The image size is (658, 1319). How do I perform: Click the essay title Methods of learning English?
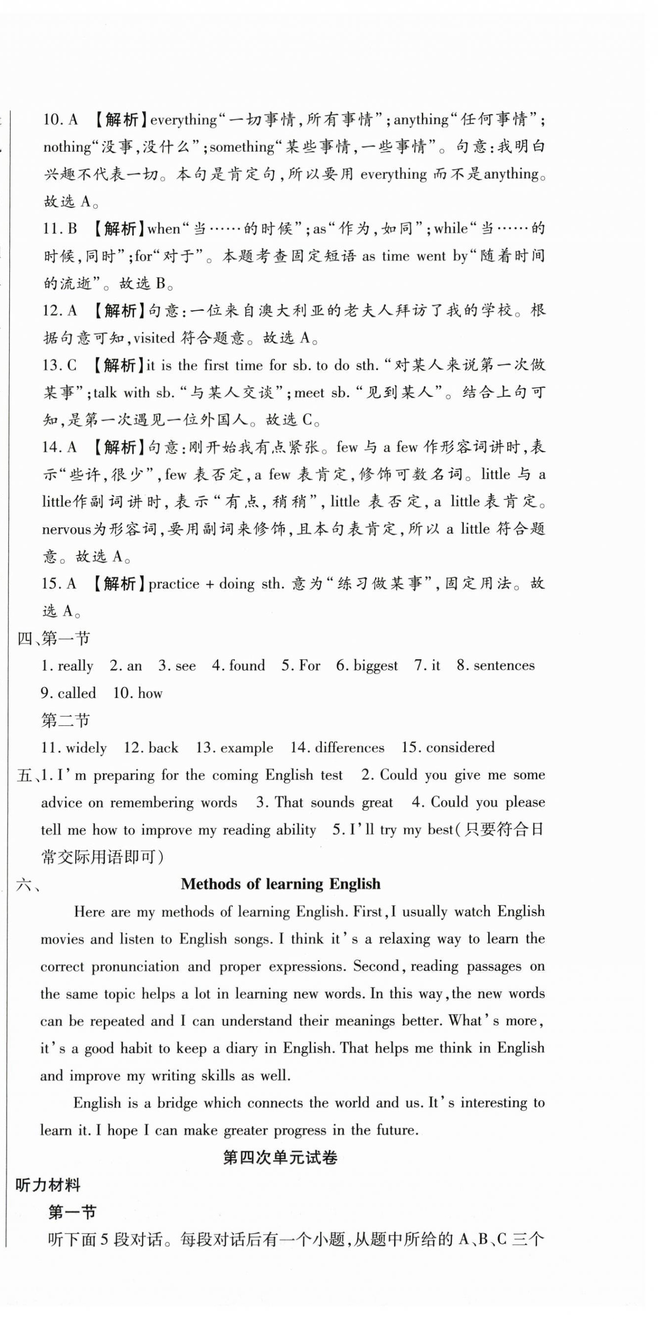(280, 884)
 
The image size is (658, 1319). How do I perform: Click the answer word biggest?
(375, 665)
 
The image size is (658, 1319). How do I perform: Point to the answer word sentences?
(504, 665)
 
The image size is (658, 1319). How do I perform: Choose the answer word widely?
(86, 748)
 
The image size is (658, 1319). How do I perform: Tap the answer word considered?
(460, 747)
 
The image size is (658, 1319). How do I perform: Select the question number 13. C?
(60, 365)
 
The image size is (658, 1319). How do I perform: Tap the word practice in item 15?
(174, 584)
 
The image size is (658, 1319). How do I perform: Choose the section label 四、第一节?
(54, 638)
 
